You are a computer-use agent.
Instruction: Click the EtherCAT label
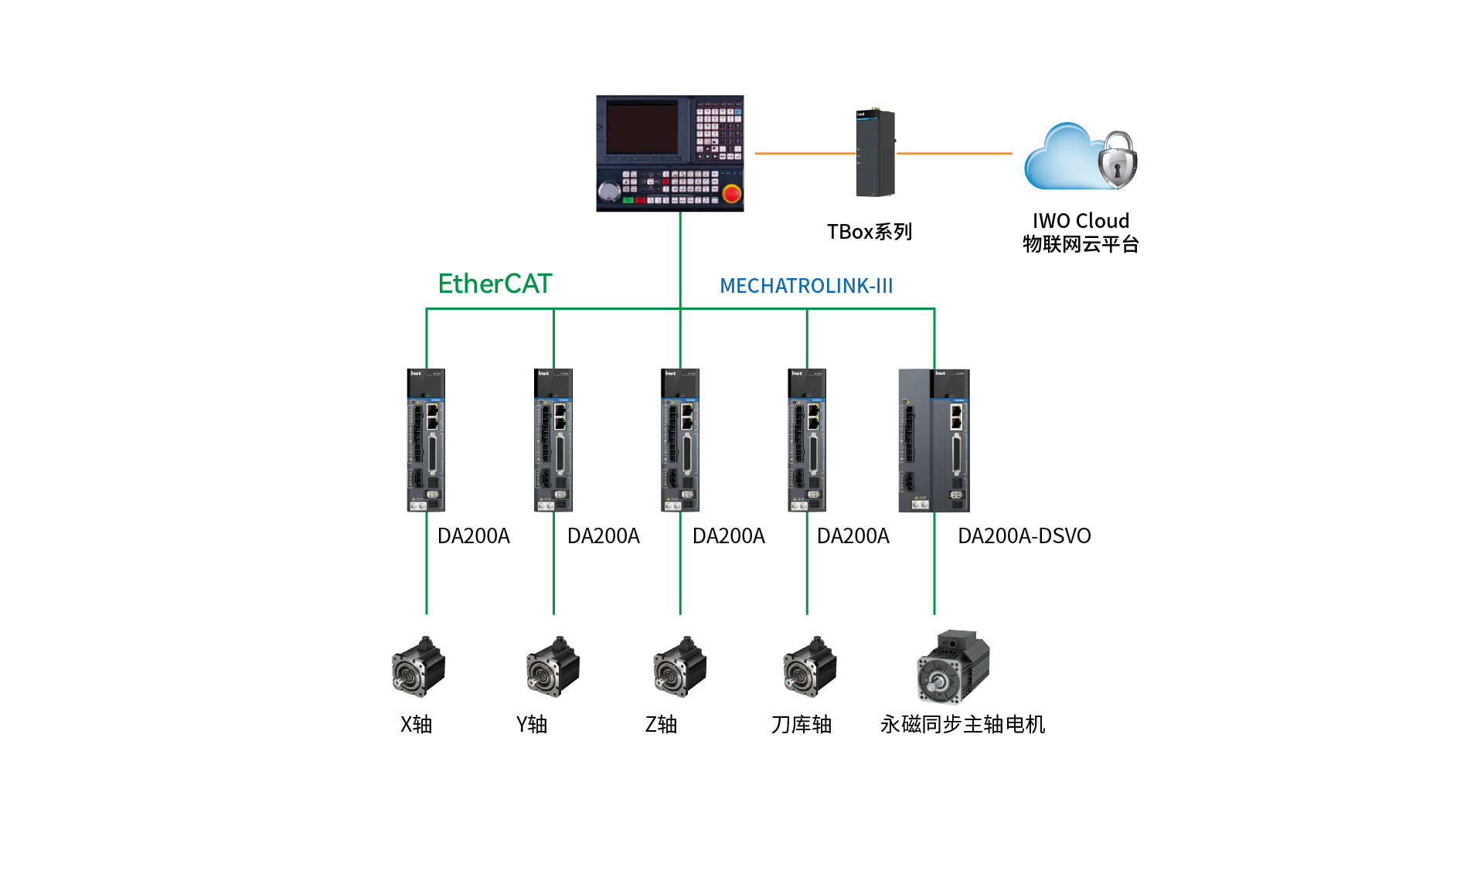495,284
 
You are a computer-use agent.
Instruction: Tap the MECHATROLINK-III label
806,286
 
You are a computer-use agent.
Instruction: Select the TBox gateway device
876,153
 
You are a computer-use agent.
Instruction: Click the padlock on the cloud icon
1118,160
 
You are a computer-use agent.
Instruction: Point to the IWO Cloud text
1081,221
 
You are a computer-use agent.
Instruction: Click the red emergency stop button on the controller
732,192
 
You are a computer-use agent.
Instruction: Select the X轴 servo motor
418,667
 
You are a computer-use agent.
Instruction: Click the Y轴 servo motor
553,667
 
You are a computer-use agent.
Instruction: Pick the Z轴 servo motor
679,667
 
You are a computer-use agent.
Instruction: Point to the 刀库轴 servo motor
809,667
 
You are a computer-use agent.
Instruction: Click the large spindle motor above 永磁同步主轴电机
953,666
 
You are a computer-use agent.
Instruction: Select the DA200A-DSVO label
1024,536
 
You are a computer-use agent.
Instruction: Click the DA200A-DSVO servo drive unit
934,440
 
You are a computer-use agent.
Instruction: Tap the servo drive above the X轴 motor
426,440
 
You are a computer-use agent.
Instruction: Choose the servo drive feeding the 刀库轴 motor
807,440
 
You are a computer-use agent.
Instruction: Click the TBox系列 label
870,232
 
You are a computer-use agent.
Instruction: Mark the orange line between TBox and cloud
955,153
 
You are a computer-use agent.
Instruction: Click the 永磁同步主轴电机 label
962,724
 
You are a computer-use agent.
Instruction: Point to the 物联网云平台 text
1081,244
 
